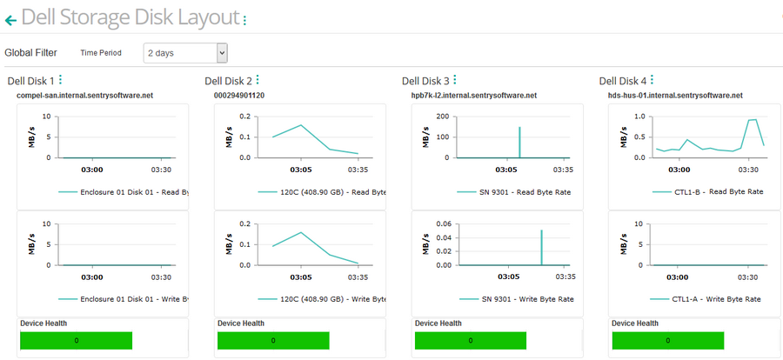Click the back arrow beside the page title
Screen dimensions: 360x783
point(10,19)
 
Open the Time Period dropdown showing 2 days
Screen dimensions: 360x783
point(185,52)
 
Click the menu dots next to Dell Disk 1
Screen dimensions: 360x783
point(60,80)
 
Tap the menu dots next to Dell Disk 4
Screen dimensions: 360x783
point(652,80)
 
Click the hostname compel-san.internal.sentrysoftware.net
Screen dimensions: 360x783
point(85,95)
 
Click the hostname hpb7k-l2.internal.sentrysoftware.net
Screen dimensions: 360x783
point(473,95)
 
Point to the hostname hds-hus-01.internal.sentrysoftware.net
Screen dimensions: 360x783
point(676,95)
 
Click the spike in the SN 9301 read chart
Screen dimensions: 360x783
point(519,139)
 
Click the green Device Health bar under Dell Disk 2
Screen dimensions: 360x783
point(272,340)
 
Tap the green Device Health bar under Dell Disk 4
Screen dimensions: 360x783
point(667,340)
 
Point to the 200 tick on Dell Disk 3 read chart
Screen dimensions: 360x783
point(441,116)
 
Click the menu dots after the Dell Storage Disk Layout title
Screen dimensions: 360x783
point(244,19)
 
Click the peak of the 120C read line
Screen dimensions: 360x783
point(301,125)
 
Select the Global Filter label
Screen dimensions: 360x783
point(30,52)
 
